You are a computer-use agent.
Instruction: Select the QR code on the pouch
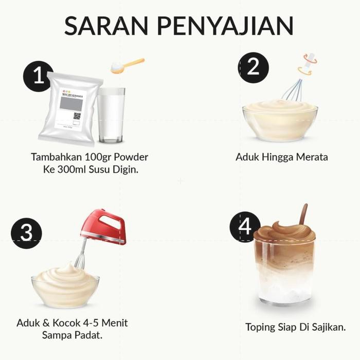point(77,116)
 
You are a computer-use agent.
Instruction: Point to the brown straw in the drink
point(303,214)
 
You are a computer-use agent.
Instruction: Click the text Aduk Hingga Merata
point(281,157)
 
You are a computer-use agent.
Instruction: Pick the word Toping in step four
point(261,327)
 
